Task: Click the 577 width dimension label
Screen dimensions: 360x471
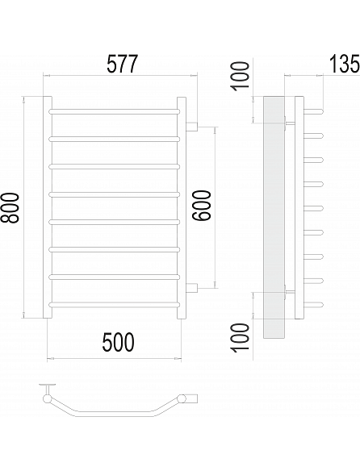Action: (x=122, y=64)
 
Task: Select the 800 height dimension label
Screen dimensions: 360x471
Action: (x=10, y=208)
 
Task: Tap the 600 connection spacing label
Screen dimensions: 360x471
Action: (x=202, y=206)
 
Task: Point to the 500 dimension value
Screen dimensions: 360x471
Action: (x=118, y=342)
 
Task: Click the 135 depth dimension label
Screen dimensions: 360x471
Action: (x=345, y=64)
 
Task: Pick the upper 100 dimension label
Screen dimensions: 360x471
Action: (x=241, y=75)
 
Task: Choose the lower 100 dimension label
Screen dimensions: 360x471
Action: (x=241, y=337)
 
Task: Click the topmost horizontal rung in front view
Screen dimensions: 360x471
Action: (x=115, y=112)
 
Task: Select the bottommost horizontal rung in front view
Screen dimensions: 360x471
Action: (x=115, y=305)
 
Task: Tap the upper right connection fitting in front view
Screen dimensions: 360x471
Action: (x=191, y=127)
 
